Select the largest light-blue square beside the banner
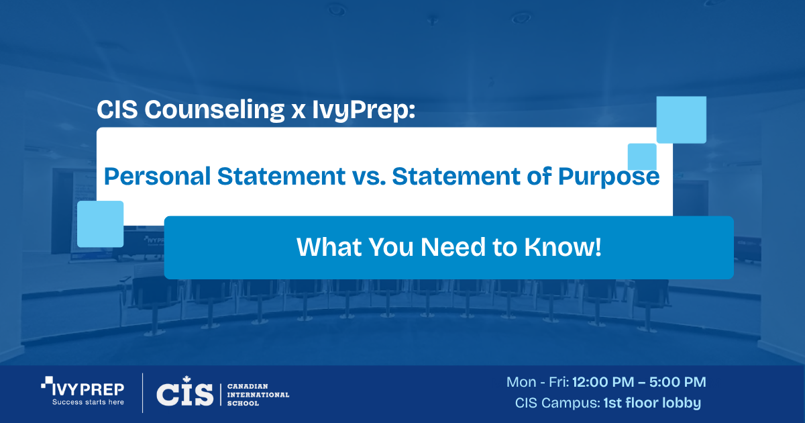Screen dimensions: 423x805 tap(681, 120)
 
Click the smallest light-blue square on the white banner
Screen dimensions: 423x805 tap(642, 156)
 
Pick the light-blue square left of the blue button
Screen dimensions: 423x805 tap(101, 224)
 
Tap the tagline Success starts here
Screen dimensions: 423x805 tap(88, 404)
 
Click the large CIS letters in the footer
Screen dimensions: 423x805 tap(184, 394)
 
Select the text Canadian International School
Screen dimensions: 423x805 tap(258, 395)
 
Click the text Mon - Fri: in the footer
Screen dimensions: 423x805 tap(537, 382)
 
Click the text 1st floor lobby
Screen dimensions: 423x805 tap(652, 404)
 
